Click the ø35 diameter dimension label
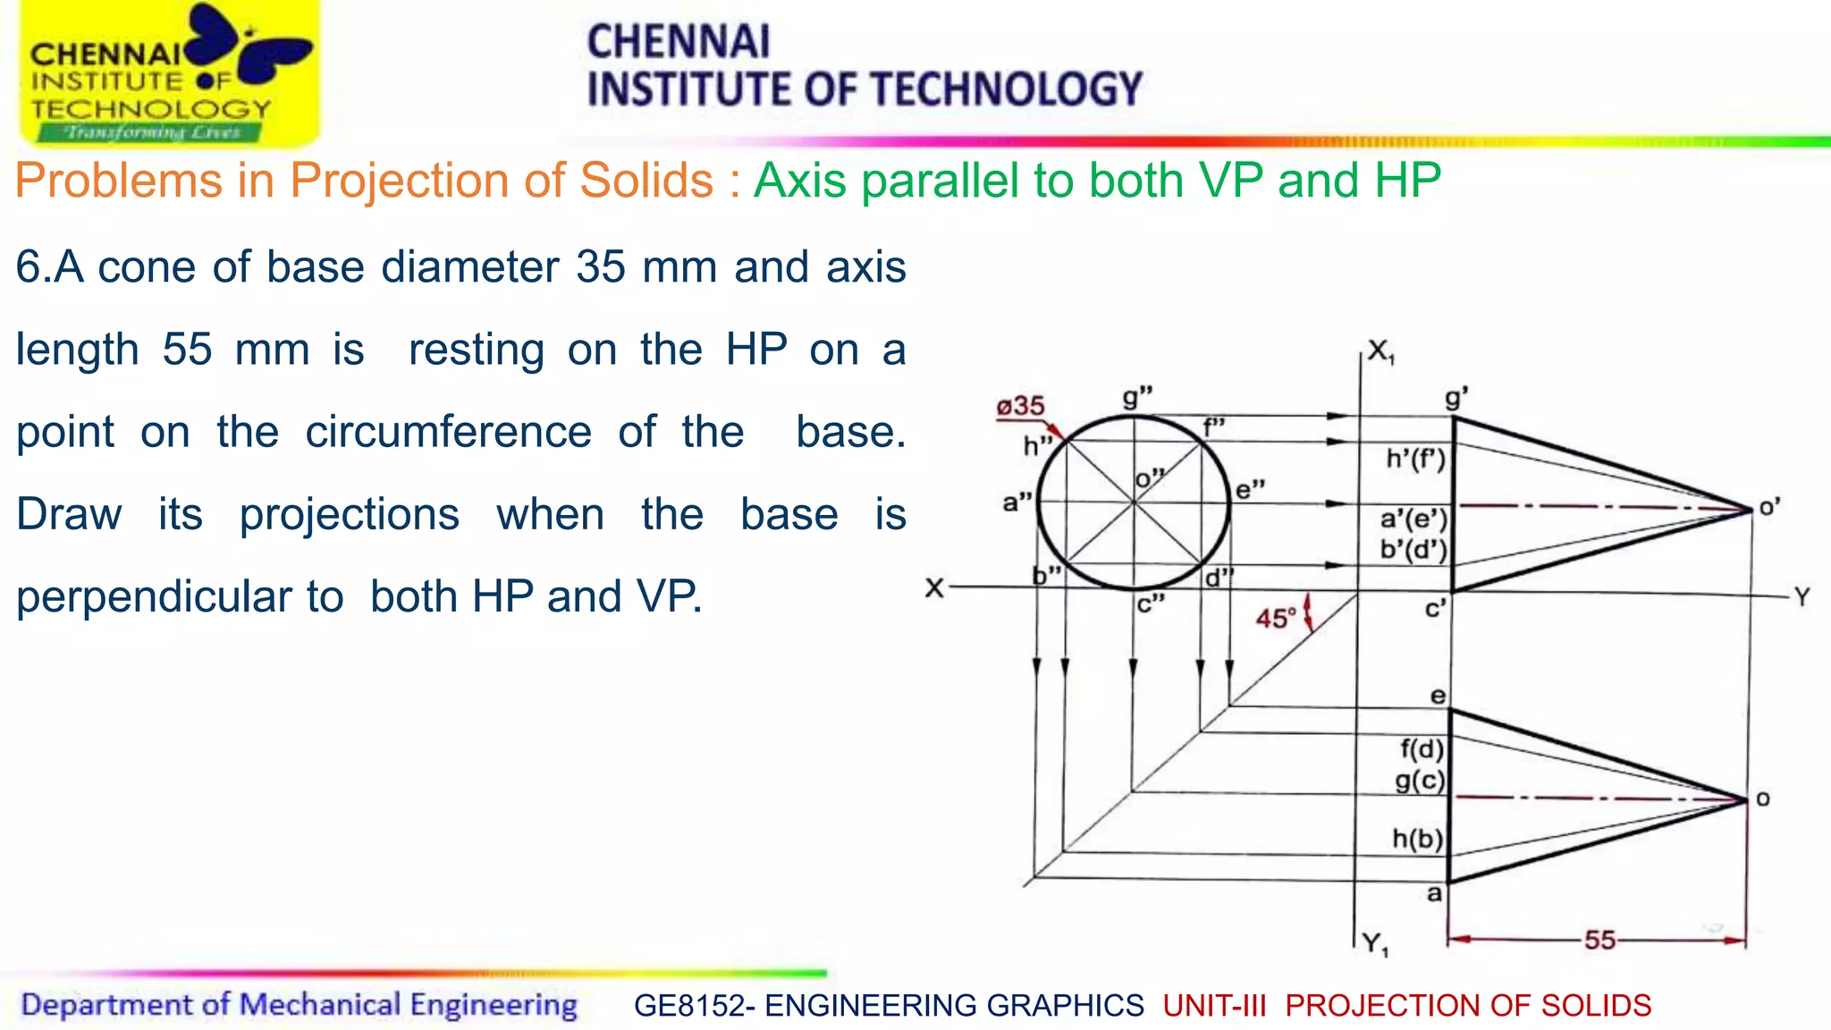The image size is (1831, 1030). tap(1021, 406)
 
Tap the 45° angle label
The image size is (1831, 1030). tap(1276, 618)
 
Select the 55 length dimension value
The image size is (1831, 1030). tap(1599, 940)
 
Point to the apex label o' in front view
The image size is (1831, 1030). tap(1769, 508)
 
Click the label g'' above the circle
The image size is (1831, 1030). tap(1137, 397)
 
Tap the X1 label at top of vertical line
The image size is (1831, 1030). tap(1380, 351)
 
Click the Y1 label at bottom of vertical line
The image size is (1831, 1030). tap(1375, 943)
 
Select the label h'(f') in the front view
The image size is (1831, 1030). tap(1415, 460)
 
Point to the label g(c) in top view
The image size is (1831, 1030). tap(1420, 781)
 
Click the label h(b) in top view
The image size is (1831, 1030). tap(1418, 839)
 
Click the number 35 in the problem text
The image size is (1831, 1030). tap(601, 266)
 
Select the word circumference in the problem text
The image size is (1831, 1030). tap(448, 432)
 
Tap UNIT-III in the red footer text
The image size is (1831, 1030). tap(1215, 1006)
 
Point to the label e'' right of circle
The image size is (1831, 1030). tap(1250, 490)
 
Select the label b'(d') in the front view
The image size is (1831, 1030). tap(1413, 549)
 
